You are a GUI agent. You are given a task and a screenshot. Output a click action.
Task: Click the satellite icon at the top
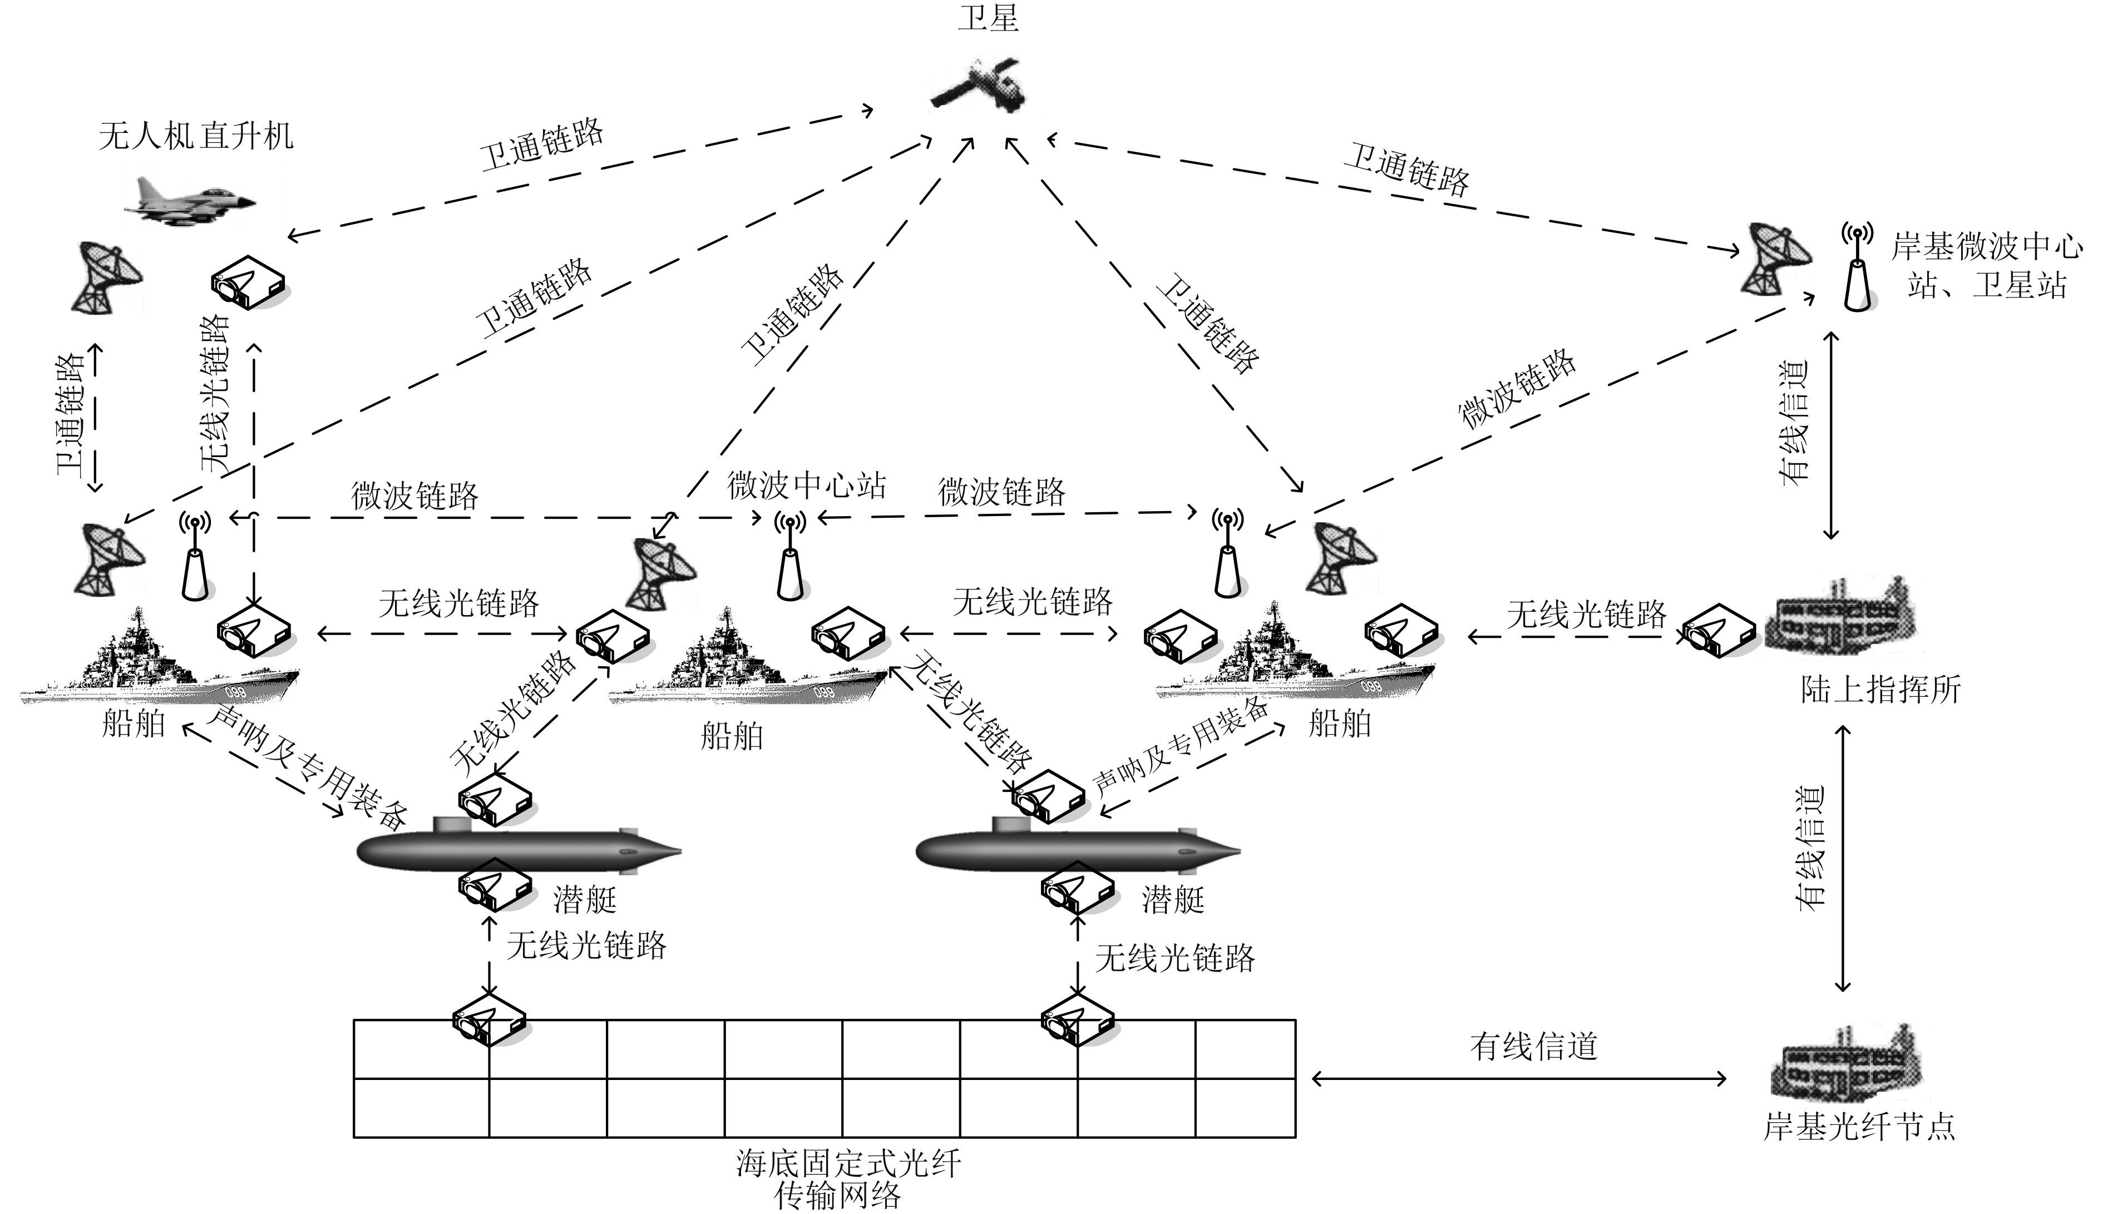tap(978, 84)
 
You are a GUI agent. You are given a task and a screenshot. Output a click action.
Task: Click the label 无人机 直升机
tap(196, 135)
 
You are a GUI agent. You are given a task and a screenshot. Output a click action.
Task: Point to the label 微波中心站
tap(806, 485)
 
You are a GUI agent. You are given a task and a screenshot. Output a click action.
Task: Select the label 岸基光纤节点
tap(1859, 1127)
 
